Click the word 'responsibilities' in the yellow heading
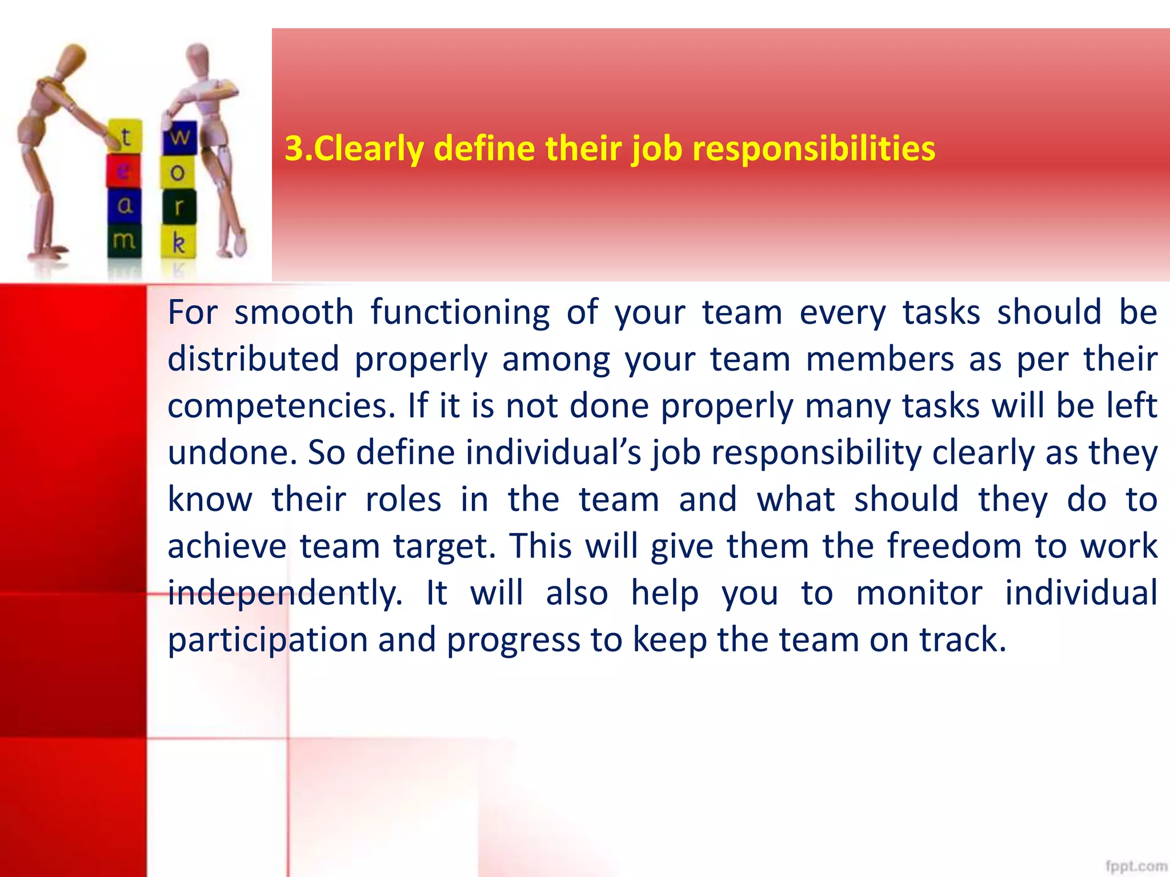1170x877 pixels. click(814, 149)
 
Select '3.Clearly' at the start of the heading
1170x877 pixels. click(354, 149)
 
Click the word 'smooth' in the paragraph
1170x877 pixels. click(294, 313)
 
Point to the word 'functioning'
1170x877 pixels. click(460, 313)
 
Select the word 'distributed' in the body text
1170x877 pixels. click(254, 360)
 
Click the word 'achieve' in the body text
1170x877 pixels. click(227, 546)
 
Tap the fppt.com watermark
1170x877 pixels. click(1136, 866)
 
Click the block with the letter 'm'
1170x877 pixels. click(125, 240)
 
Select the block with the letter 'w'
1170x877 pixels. click(179, 137)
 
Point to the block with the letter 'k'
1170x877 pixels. click(179, 243)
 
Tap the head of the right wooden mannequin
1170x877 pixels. click(198, 57)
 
